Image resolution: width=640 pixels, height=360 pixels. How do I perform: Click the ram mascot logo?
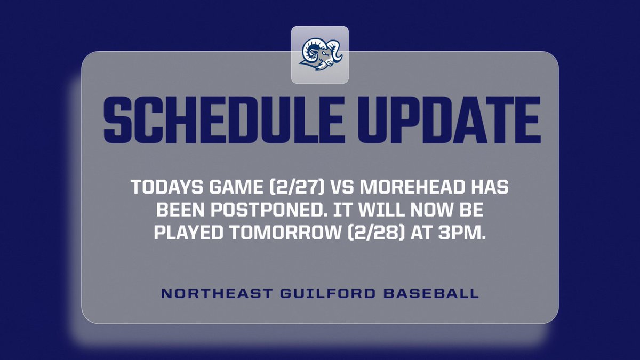[320, 54]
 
